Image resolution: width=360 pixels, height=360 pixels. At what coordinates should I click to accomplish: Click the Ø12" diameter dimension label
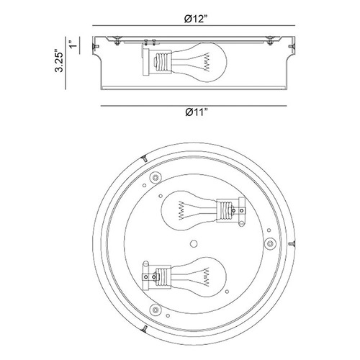point(196,19)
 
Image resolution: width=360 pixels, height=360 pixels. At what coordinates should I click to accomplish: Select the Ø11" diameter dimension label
point(196,112)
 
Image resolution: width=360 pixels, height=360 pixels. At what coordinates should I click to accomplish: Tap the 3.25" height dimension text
point(59,60)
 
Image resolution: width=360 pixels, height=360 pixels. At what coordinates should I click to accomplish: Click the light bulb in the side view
point(199,63)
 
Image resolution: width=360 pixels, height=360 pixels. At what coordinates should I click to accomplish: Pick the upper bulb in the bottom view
point(189,211)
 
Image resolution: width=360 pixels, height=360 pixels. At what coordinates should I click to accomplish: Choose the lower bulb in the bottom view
point(199,276)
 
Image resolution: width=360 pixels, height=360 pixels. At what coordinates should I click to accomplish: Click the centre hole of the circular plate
point(194,244)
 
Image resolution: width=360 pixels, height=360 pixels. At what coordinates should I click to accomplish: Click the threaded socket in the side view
point(163,63)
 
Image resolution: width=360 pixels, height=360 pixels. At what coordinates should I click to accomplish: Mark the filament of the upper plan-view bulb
point(181,211)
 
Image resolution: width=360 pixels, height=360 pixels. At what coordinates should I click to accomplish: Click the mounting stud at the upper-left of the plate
point(156,177)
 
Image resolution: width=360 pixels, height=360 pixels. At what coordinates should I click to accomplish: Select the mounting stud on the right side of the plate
point(270,243)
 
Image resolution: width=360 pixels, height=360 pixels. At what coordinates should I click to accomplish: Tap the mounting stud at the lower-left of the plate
point(156,310)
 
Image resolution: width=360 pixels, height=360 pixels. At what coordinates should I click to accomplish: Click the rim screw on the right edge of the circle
point(292,243)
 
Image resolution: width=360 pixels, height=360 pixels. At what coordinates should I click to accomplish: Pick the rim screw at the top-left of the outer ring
point(145,158)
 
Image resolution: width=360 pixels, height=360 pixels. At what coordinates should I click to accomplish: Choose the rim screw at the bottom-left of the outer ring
point(144,328)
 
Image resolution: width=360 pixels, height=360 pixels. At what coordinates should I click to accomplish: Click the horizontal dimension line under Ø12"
point(194,25)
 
